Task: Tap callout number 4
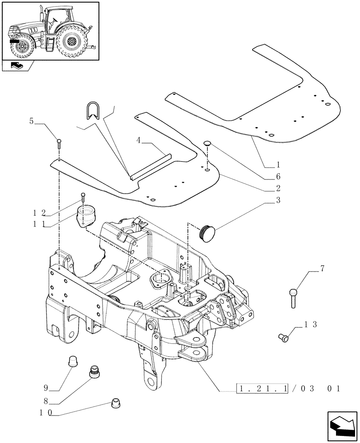pyautogui.click(x=139, y=140)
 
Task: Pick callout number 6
pyautogui.click(x=278, y=176)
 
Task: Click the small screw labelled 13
pyautogui.click(x=283, y=338)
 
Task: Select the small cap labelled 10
pyautogui.click(x=115, y=403)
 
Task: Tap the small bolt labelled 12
pyautogui.click(x=82, y=197)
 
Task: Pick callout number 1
pyautogui.click(x=278, y=164)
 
